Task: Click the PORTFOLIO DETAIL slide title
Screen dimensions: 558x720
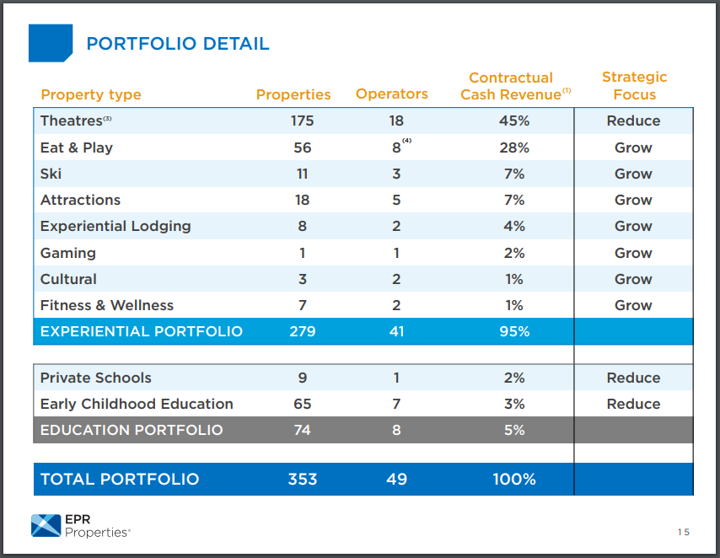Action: [x=178, y=44]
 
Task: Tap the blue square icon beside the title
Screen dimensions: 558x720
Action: [x=51, y=43]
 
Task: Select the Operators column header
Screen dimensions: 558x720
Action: [x=392, y=94]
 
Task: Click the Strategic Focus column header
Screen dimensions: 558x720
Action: [x=634, y=86]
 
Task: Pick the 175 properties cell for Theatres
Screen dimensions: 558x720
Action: [x=302, y=121]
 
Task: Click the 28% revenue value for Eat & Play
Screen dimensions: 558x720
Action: [x=514, y=148]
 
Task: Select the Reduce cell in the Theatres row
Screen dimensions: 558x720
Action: [x=633, y=121]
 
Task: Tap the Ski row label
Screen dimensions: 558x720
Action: [x=51, y=174]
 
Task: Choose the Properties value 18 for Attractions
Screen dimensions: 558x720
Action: [x=302, y=200]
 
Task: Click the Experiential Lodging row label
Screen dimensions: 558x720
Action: [x=116, y=226]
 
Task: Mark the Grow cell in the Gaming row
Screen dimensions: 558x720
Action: [x=633, y=253]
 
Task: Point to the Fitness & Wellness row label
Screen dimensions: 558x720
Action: [x=107, y=305]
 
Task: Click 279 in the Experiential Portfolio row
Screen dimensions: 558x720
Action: [x=302, y=331]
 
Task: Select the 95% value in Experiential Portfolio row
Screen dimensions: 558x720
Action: [x=514, y=331]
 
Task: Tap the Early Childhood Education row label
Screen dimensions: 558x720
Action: [x=137, y=404]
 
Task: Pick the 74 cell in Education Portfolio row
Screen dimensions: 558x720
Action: [x=302, y=430]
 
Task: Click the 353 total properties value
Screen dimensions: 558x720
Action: [x=302, y=479]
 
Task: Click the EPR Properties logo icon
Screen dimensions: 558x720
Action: [x=46, y=525]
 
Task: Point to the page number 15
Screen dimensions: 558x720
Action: [x=683, y=532]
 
